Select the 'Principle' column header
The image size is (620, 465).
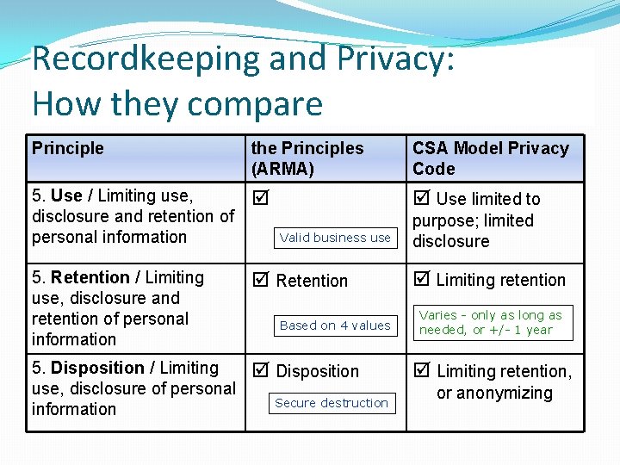click(68, 148)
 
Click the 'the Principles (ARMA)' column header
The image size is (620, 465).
click(307, 158)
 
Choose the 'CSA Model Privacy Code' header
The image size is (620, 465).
click(490, 158)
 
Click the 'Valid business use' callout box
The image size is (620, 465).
click(335, 238)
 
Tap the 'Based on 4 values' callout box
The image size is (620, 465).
click(335, 325)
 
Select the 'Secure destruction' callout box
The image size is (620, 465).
click(332, 403)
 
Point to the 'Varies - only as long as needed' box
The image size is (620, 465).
click(490, 322)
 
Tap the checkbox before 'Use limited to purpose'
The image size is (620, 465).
click(421, 199)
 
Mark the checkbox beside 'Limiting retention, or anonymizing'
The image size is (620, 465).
click(421, 371)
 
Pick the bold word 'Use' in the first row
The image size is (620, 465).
click(66, 196)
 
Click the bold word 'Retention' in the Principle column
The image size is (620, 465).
click(90, 277)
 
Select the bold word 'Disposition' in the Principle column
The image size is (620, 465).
click(97, 368)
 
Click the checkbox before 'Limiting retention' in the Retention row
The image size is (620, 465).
click(421, 280)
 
